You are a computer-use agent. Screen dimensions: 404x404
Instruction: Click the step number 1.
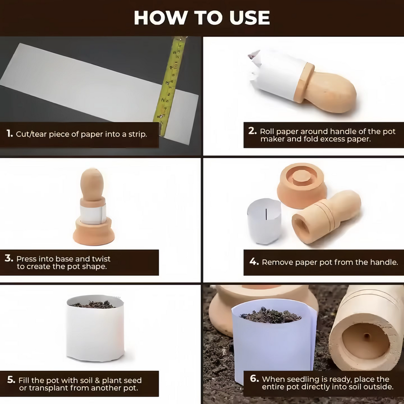tap(9, 134)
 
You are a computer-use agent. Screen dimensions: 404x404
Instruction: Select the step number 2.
tap(252, 131)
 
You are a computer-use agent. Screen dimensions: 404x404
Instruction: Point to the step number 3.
tap(9, 258)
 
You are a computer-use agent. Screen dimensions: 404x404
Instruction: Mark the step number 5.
tap(11, 380)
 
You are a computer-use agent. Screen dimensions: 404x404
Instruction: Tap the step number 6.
tap(254, 379)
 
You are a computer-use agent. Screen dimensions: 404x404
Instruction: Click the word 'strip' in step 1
tap(136, 135)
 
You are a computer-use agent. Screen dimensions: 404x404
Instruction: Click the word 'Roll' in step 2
tap(269, 131)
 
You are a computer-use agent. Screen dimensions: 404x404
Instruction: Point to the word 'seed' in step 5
tap(131, 380)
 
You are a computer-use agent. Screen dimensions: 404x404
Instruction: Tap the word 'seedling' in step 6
tap(301, 379)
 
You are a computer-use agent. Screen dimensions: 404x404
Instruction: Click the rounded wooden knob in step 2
tap(331, 91)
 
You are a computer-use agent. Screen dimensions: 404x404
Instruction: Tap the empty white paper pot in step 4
tap(264, 221)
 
